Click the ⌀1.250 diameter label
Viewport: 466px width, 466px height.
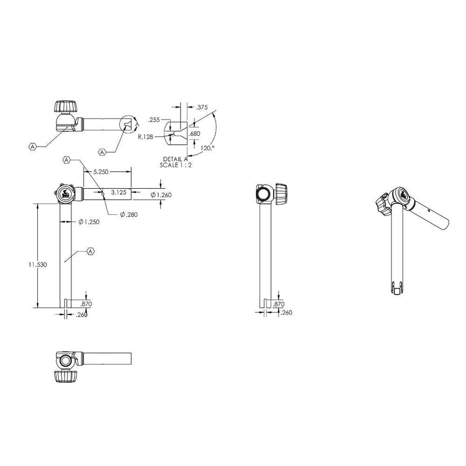89,222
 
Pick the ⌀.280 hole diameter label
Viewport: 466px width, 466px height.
128,215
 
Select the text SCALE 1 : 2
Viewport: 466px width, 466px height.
176,165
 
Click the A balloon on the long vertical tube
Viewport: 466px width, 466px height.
90,251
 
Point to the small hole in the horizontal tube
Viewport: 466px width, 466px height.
103,190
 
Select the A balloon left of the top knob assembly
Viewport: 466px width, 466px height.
33,146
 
